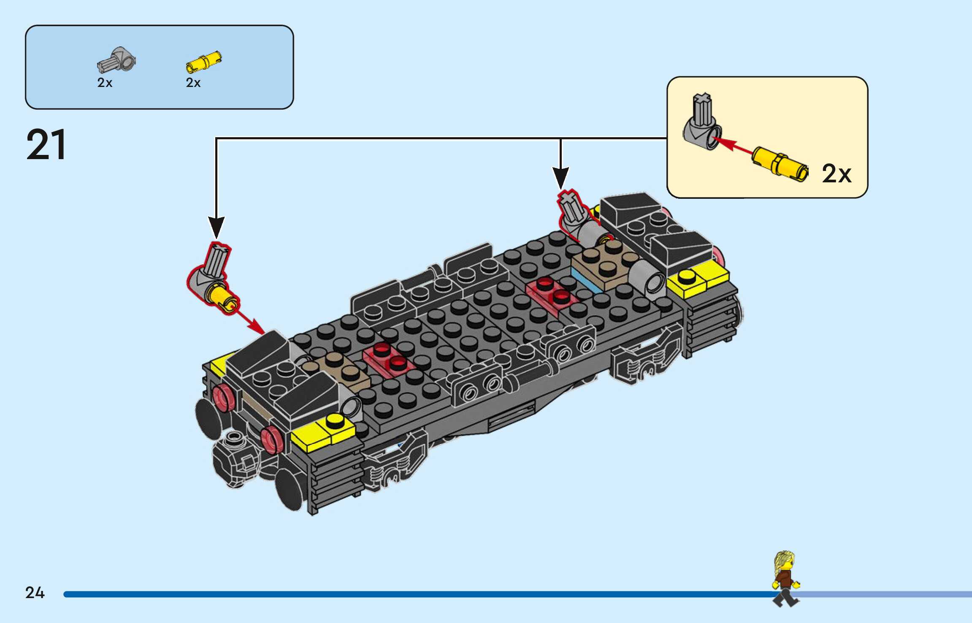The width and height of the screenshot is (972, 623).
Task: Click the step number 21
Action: click(x=46, y=145)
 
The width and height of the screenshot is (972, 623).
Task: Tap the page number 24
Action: click(x=35, y=593)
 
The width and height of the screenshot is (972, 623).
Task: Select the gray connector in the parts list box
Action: click(x=116, y=60)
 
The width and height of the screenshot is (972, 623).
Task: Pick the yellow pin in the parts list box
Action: click(x=204, y=62)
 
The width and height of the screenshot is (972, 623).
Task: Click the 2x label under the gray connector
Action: click(x=105, y=83)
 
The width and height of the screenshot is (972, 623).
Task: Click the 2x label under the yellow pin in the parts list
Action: click(x=193, y=83)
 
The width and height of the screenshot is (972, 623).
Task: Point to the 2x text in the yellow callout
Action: click(x=837, y=173)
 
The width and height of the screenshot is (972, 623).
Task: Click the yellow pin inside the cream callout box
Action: click(x=780, y=165)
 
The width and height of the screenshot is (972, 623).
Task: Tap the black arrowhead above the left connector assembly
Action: click(x=216, y=228)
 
